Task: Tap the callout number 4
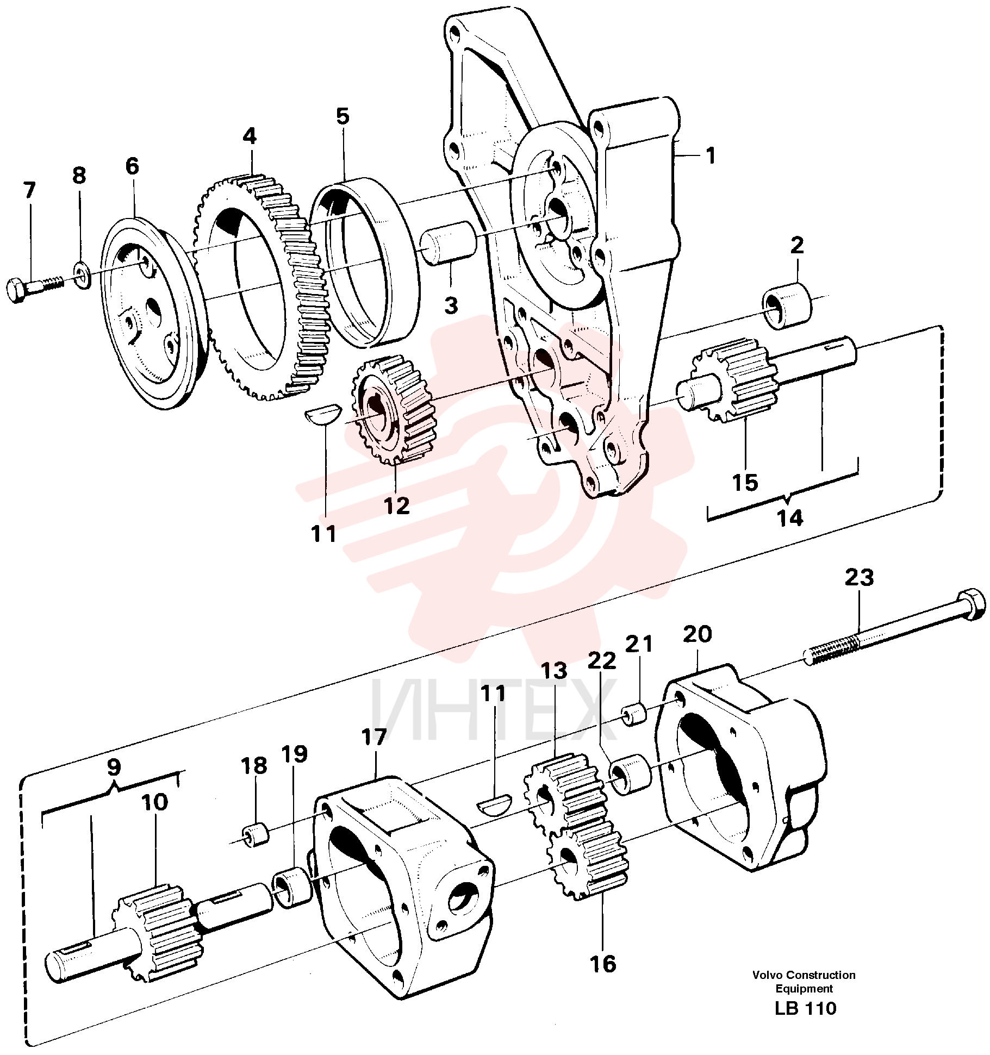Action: pos(250,135)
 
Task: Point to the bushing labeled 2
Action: pos(787,304)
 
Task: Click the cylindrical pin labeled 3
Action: pos(448,243)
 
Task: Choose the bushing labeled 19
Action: pos(292,888)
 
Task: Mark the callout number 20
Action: pos(697,634)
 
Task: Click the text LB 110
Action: pos(806,1008)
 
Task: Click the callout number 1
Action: pos(711,156)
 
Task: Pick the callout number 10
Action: pos(155,802)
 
